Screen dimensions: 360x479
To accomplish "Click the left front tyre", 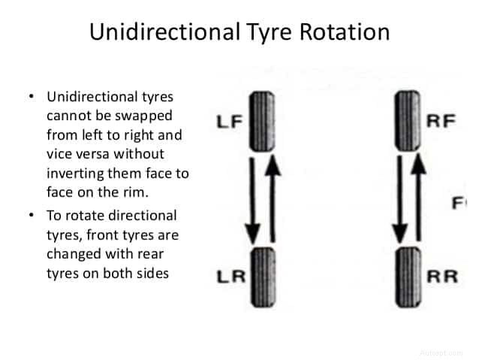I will coord(259,120).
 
